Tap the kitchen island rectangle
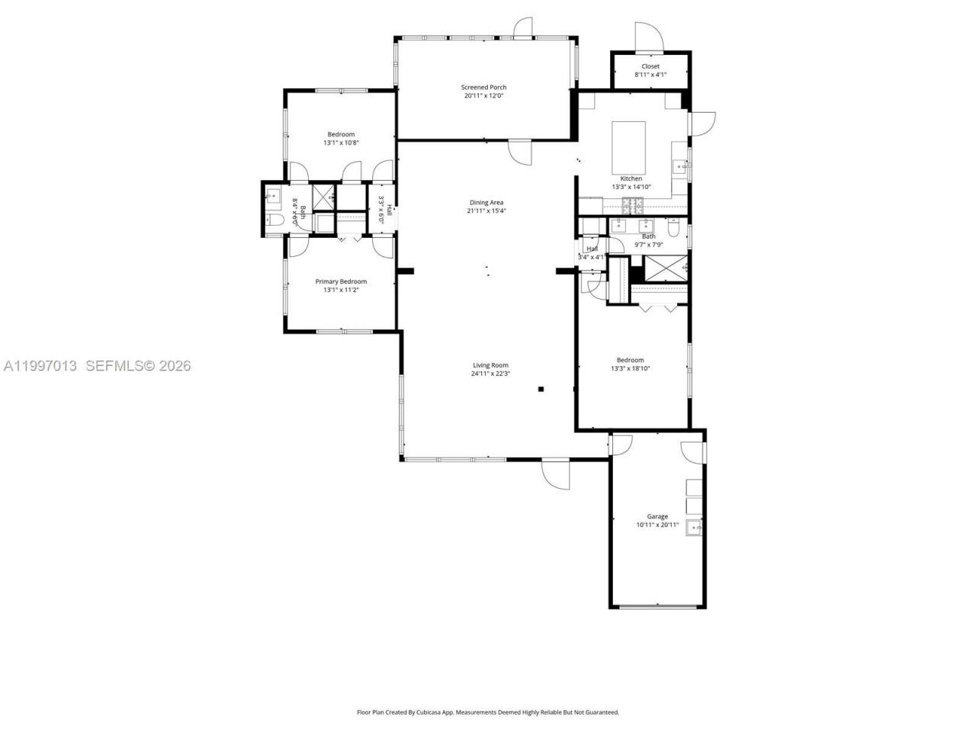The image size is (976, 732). point(629,146)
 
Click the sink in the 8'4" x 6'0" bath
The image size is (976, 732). point(272,196)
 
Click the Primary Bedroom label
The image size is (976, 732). point(341,281)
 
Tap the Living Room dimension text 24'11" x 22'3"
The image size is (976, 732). point(490,374)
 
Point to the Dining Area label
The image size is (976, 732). point(486,202)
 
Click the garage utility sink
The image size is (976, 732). point(694,527)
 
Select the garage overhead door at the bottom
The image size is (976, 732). point(657,606)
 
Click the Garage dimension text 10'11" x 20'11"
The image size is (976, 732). point(657,525)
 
